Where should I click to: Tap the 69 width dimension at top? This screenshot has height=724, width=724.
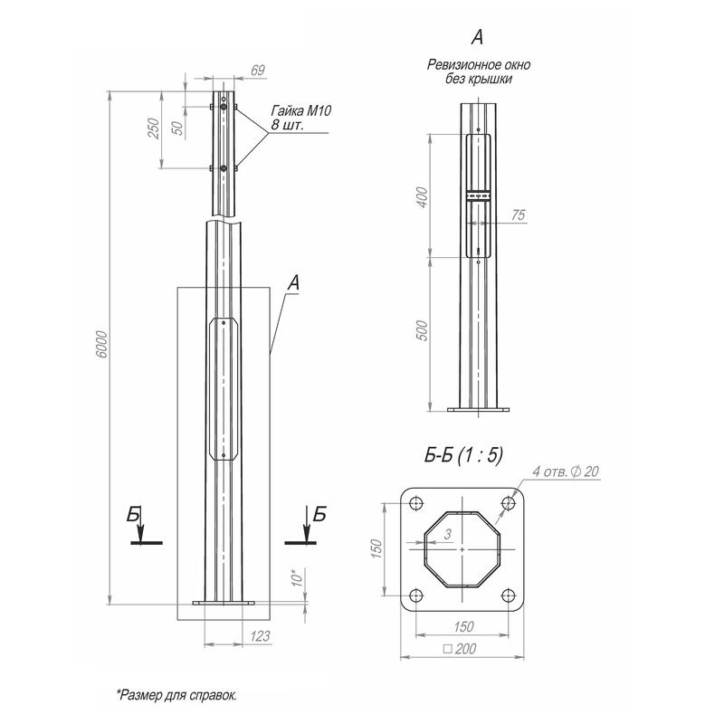(x=233, y=70)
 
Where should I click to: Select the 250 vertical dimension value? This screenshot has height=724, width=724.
(x=154, y=129)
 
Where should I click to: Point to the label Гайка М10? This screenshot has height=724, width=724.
(x=301, y=110)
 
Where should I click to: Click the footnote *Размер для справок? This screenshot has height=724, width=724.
(x=176, y=695)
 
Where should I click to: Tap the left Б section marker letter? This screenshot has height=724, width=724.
(x=135, y=514)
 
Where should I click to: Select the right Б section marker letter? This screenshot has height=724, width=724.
(x=319, y=514)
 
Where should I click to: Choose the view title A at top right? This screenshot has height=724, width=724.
(x=477, y=37)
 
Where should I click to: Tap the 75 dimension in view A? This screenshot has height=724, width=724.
(x=518, y=214)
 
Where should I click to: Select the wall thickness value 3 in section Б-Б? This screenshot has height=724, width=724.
(x=447, y=536)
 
